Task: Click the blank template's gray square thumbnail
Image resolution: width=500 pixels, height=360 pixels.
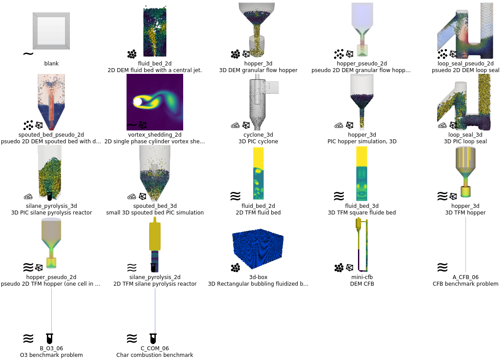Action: coord(51,31)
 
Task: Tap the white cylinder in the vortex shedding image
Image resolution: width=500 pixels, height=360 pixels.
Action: coord(138,102)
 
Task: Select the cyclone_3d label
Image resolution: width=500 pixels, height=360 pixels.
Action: coord(258,135)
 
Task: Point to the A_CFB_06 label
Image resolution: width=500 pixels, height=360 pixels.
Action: coord(465,277)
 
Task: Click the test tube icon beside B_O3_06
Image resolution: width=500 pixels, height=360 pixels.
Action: coord(50,339)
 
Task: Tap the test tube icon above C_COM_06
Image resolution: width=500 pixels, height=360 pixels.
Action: coord(153,339)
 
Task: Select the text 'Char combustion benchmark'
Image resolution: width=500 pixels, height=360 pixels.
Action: coord(155,355)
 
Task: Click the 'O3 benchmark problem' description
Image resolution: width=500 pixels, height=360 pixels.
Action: coord(51,355)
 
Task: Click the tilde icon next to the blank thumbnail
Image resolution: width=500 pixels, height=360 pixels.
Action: coord(28,54)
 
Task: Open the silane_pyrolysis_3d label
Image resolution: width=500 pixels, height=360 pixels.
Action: coord(51,206)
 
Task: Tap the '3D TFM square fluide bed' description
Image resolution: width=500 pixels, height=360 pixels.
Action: coord(362,213)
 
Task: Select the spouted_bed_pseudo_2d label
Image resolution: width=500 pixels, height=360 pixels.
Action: coord(51,135)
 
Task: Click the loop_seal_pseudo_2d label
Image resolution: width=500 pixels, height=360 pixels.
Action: coord(465,64)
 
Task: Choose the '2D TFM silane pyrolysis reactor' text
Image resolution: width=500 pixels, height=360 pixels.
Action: coord(155,284)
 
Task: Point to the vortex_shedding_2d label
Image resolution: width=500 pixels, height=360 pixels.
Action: coord(155,135)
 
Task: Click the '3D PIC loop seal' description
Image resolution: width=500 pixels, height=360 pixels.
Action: coord(465,142)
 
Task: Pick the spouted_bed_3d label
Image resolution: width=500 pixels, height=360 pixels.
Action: coord(155,206)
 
